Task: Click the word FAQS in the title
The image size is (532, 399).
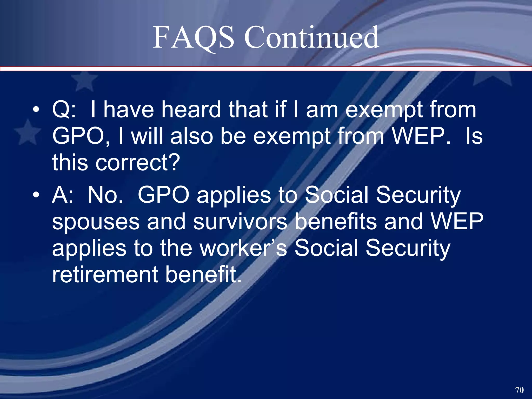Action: tap(193, 38)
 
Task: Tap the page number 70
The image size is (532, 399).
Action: tap(519, 390)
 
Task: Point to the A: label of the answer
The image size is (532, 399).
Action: tap(62, 195)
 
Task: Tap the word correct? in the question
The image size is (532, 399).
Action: tap(138, 163)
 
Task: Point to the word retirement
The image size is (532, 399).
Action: tap(105, 275)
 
